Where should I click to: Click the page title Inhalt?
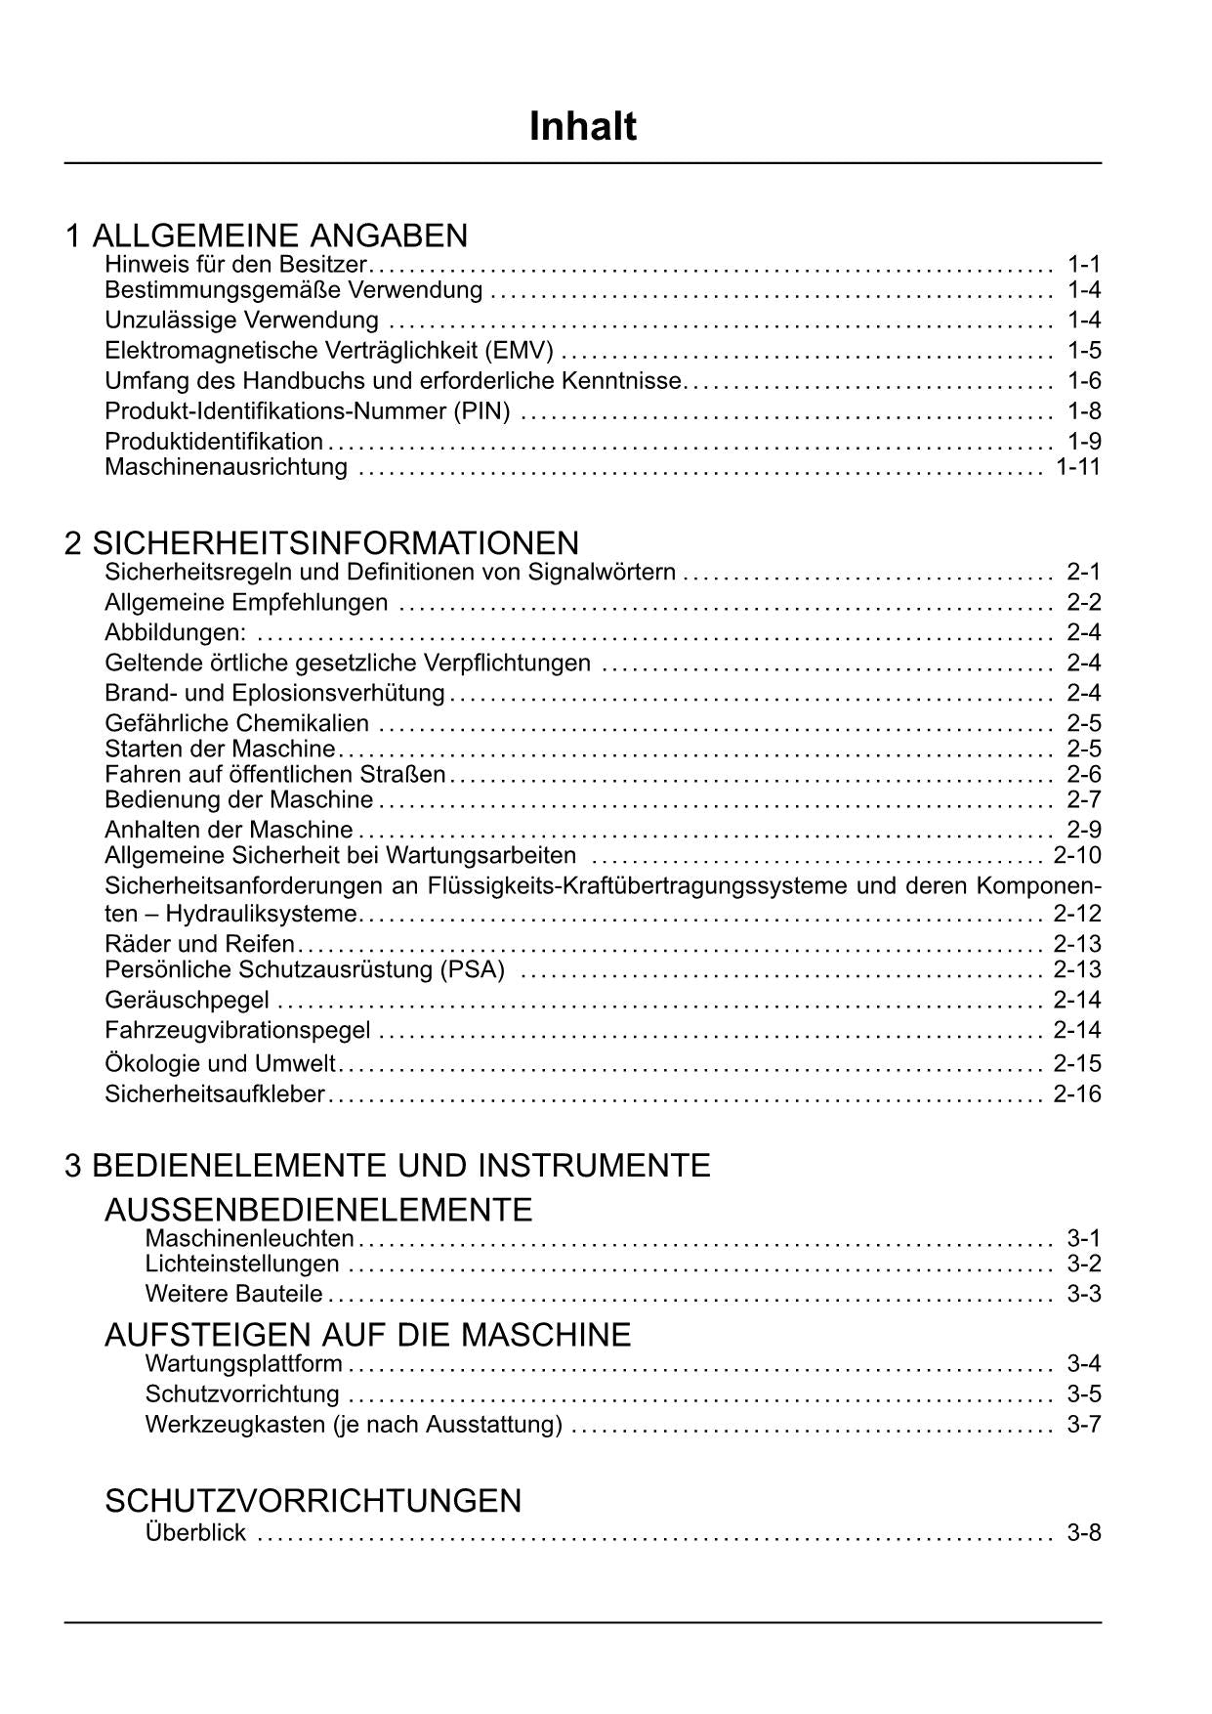(x=582, y=127)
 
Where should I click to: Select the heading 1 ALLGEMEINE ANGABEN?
(x=266, y=236)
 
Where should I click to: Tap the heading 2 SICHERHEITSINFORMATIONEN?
(x=321, y=542)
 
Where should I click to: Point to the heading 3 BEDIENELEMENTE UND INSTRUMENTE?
(x=387, y=1165)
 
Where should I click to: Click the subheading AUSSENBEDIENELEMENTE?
(x=318, y=1210)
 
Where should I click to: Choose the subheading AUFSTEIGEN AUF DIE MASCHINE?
(x=367, y=1334)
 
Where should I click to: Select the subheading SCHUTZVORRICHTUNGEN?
(x=313, y=1500)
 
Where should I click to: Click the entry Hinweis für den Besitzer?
(x=235, y=264)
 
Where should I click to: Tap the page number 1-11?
(x=1077, y=467)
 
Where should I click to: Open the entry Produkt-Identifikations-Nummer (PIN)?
(x=307, y=411)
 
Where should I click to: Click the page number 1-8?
(x=1084, y=411)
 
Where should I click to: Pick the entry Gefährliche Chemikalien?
(x=236, y=723)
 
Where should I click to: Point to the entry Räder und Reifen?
(x=199, y=944)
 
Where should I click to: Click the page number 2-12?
(x=1076, y=914)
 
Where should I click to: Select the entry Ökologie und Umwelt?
(x=220, y=1063)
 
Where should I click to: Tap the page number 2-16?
(x=1076, y=1093)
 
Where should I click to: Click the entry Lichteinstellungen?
(x=241, y=1264)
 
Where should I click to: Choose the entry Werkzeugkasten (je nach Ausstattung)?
(x=353, y=1425)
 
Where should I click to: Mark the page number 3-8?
(x=1084, y=1532)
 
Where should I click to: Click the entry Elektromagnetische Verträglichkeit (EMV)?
(x=328, y=351)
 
